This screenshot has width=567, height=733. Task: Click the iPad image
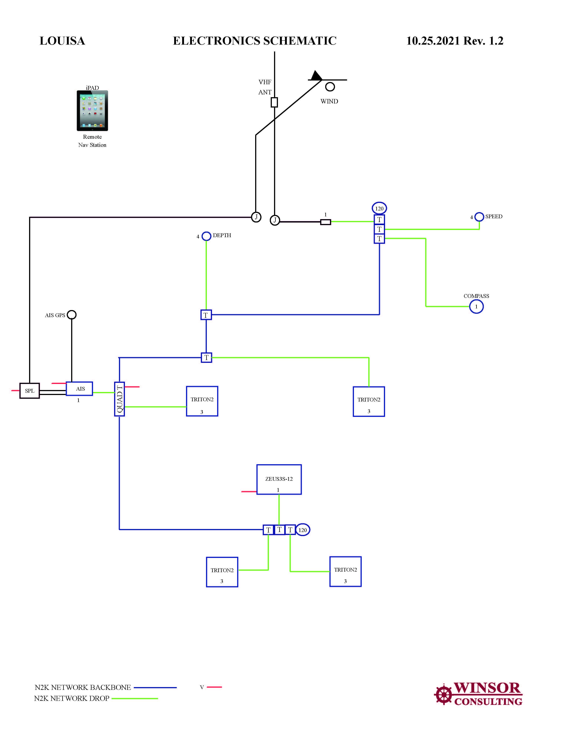[x=92, y=111]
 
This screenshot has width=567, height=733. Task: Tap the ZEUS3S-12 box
[x=279, y=479]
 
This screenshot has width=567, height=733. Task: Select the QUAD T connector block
[x=120, y=399]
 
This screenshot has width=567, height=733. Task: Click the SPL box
[x=30, y=391]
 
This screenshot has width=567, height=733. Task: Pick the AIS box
[x=79, y=389]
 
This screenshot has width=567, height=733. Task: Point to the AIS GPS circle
[x=72, y=315]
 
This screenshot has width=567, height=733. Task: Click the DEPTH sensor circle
[x=206, y=236]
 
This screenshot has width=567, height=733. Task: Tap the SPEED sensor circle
[x=479, y=217]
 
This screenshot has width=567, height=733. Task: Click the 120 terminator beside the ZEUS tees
[x=303, y=530]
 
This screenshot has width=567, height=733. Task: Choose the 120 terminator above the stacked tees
[x=379, y=208]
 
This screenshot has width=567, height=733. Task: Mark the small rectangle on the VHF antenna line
[x=274, y=102]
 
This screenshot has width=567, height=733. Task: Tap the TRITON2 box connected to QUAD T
[x=202, y=401]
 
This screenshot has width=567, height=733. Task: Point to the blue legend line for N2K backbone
[x=155, y=688]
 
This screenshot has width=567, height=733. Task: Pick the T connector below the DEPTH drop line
[x=206, y=315]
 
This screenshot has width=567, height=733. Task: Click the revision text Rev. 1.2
[x=483, y=41]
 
